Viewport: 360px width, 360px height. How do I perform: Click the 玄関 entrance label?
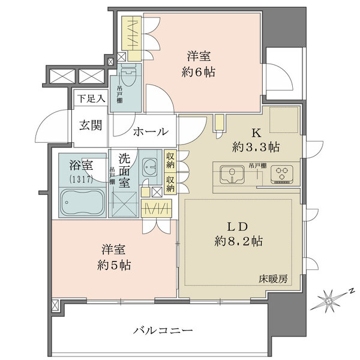[x=92, y=127]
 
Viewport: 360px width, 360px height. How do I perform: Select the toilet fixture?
[x=128, y=76]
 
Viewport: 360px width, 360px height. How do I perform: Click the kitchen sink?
[x=230, y=175]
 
